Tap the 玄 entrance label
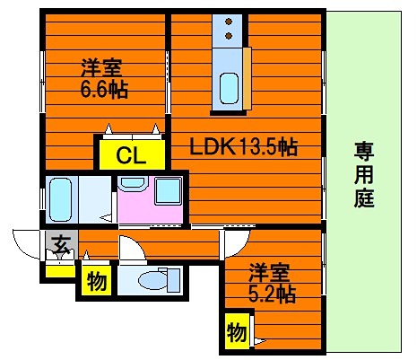click(60, 243)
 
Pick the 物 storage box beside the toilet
click(95, 282)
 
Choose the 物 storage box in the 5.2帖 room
click(238, 334)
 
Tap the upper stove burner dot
click(230, 22)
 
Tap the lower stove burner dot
click(230, 35)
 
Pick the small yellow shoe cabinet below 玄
click(59, 268)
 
